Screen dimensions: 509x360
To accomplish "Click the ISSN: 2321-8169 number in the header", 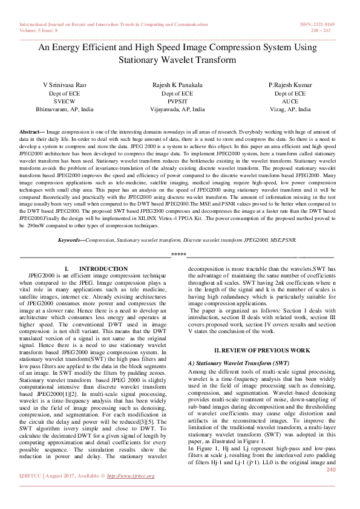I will (x=321, y=25).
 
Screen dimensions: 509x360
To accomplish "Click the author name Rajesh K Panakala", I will (x=177, y=85).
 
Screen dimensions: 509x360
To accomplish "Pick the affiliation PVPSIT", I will (x=177, y=102).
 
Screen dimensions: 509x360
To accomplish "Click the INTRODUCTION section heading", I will (x=103, y=268).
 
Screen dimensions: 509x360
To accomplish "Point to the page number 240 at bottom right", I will (x=331, y=470).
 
